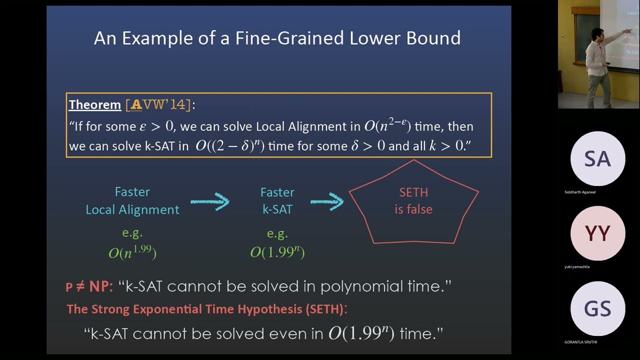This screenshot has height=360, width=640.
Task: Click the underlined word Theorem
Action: click(95, 104)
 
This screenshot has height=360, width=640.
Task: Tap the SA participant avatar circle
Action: click(597, 159)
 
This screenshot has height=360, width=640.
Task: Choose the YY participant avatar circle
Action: click(597, 233)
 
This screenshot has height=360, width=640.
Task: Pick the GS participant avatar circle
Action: click(597, 308)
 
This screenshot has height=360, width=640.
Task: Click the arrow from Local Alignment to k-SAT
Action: click(209, 201)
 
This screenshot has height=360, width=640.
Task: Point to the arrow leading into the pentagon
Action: click(326, 201)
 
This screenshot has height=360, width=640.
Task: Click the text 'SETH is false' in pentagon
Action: click(413, 200)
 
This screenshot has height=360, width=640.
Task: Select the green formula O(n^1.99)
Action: click(132, 252)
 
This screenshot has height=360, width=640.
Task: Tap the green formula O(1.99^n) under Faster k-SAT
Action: click(277, 252)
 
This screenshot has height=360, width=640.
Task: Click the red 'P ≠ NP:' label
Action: click(89, 286)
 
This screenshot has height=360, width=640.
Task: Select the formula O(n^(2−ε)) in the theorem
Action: click(387, 126)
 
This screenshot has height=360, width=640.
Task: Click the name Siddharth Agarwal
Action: click(580, 192)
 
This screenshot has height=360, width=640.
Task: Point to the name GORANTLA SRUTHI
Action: click(580, 342)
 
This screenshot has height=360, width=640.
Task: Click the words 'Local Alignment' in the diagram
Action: click(132, 209)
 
